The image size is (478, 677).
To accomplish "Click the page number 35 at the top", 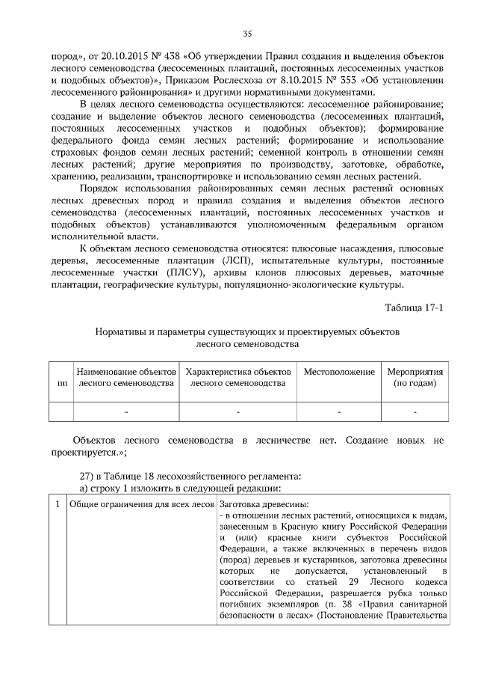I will [248, 33].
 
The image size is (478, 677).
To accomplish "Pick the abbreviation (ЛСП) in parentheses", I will [221, 259].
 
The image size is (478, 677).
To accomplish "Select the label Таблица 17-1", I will [414, 308].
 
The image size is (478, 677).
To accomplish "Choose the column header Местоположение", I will [338, 372].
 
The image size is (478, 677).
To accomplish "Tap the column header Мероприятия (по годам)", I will [415, 377].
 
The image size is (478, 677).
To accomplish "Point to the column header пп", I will [60, 383].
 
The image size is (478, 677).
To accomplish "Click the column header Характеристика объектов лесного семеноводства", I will [238, 377].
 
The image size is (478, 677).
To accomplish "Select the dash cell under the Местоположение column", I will [338, 412].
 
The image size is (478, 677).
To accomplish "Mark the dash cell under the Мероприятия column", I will [415, 412].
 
